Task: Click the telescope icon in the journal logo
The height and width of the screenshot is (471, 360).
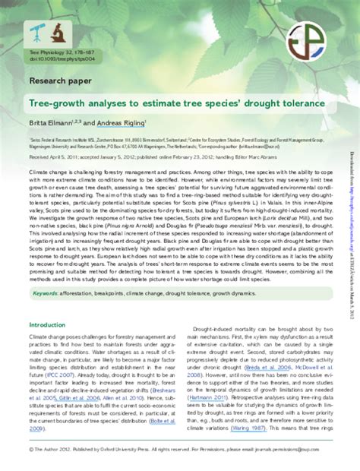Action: (x=38, y=31)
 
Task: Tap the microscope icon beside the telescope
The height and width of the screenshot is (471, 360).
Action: (x=58, y=31)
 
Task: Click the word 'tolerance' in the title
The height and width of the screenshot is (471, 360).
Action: (x=283, y=103)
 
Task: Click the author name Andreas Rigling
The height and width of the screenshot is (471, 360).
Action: (x=122, y=123)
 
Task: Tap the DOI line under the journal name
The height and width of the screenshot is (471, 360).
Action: (x=56, y=58)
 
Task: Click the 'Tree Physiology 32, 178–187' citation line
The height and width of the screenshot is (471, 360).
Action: (x=58, y=52)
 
